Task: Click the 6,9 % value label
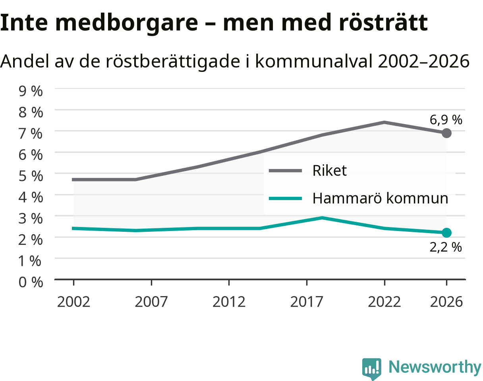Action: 446,119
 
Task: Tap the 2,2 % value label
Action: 446,247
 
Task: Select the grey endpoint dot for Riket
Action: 446,133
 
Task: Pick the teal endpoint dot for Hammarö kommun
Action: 446,233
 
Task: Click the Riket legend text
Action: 330,170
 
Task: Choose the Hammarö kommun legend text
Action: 380,198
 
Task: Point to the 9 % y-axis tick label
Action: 31,91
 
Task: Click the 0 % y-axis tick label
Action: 31,282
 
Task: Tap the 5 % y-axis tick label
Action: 31,176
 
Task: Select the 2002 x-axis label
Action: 73,302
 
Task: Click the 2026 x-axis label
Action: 446,302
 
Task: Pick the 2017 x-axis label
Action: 307,302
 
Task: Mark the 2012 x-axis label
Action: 229,302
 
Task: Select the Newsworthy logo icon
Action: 371,368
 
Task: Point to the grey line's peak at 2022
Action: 384,123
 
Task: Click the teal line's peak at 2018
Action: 322,218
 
